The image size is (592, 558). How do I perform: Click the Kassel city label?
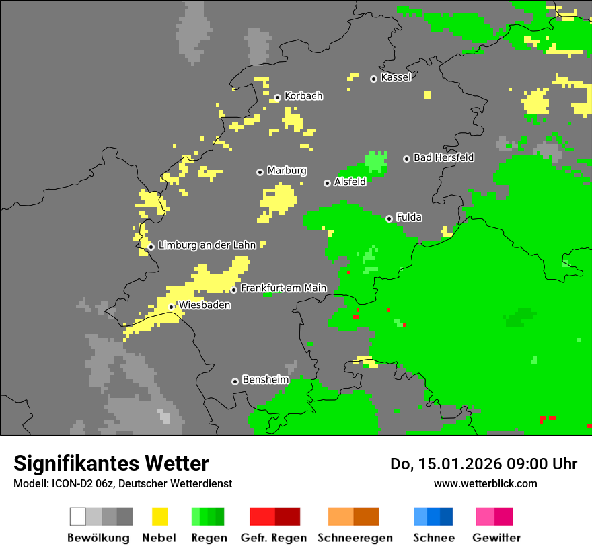pyautogui.click(x=396, y=77)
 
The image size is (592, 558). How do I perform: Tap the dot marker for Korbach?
pyautogui.click(x=277, y=97)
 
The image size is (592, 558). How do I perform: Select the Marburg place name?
pyautogui.click(x=287, y=171)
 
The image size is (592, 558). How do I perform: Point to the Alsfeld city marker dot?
pyautogui.click(x=327, y=183)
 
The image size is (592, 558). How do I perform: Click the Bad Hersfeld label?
pyautogui.click(x=443, y=157)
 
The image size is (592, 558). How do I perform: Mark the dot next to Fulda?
pyautogui.click(x=389, y=218)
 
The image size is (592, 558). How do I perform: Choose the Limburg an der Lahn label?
pyautogui.click(x=207, y=245)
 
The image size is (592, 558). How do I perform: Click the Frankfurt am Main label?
pyautogui.click(x=283, y=288)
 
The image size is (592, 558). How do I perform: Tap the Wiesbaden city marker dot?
pyautogui.click(x=172, y=307)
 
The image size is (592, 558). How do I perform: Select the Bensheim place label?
pyautogui.click(x=265, y=380)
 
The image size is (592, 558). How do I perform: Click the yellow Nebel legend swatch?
pyautogui.click(x=159, y=516)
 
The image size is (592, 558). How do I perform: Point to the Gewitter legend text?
pyautogui.click(x=496, y=538)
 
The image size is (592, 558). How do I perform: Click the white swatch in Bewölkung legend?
pyautogui.click(x=78, y=516)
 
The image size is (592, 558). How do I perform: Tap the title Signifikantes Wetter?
pyautogui.click(x=111, y=463)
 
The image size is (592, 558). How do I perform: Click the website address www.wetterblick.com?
pyautogui.click(x=485, y=483)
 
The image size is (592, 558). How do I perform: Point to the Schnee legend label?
pyautogui.click(x=434, y=538)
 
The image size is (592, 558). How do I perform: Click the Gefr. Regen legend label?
pyautogui.click(x=274, y=538)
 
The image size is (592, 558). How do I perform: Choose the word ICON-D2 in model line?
pyautogui.click(x=65, y=483)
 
